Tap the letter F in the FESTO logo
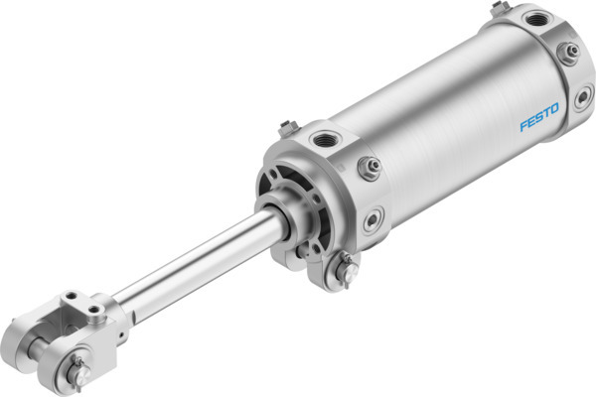[522, 126]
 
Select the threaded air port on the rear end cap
[537, 18]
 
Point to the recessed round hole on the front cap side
[373, 221]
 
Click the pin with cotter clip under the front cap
[347, 268]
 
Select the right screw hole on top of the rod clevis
[93, 309]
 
